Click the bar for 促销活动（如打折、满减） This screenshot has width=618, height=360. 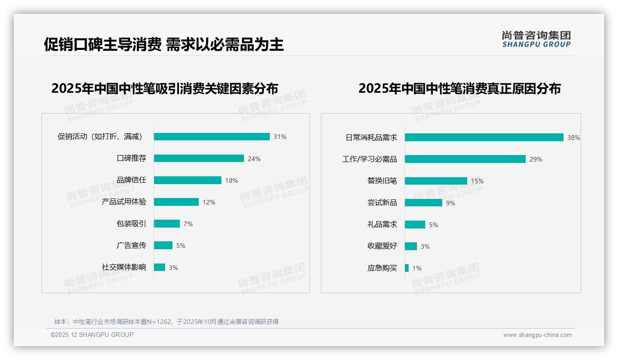212,137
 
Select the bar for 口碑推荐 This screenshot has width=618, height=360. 199,158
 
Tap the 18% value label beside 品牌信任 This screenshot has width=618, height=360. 232,180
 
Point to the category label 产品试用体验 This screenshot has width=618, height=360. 124,202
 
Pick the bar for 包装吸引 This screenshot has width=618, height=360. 167,224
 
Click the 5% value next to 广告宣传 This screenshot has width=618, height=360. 181,246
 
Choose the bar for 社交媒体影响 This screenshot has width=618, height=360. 160,267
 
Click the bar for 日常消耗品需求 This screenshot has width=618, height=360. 484,138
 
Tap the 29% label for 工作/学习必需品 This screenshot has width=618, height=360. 536,159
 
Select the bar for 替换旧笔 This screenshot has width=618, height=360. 436,181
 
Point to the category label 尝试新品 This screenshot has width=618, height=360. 382,202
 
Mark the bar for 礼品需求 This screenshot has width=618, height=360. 415,224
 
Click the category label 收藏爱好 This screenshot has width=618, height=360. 382,246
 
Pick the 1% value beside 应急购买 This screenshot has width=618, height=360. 417,268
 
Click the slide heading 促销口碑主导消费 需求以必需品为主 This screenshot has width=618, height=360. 164,44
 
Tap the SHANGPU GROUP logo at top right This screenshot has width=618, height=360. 536,39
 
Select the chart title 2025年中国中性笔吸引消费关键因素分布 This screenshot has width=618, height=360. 165,88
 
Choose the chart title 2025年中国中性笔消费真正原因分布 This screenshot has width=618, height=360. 459,88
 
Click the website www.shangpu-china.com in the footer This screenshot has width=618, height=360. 537,335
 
